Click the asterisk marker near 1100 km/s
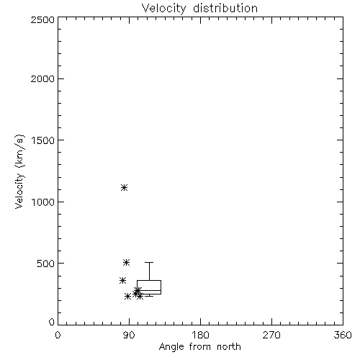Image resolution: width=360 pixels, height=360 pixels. click(124, 187)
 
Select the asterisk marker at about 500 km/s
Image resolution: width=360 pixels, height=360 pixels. click(127, 262)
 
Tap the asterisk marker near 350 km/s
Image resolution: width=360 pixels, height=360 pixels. click(122, 280)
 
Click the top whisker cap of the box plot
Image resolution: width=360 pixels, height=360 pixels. click(149, 263)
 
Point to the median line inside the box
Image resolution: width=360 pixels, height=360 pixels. click(149, 290)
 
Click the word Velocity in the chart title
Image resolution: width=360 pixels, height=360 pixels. click(164, 9)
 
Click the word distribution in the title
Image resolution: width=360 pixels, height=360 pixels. click(225, 8)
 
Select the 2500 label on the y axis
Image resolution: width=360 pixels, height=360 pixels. click(42, 19)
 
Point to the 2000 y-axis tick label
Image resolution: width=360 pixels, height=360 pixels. click(42, 78)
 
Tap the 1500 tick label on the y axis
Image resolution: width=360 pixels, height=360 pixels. click(43, 140)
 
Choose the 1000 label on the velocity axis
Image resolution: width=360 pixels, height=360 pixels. click(43, 202)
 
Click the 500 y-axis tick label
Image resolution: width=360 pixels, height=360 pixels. click(46, 264)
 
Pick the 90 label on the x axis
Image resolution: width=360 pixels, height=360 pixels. click(129, 335)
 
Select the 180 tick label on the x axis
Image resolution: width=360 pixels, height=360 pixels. click(200, 335)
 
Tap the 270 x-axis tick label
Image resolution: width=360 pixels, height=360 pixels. click(271, 335)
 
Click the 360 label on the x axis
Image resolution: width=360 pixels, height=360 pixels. click(343, 335)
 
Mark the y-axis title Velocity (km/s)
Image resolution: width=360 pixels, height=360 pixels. click(19, 171)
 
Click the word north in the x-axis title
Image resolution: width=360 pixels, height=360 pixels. click(229, 347)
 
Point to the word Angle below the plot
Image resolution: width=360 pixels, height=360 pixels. click(171, 347)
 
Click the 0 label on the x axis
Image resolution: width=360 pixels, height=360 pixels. click(58, 335)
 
